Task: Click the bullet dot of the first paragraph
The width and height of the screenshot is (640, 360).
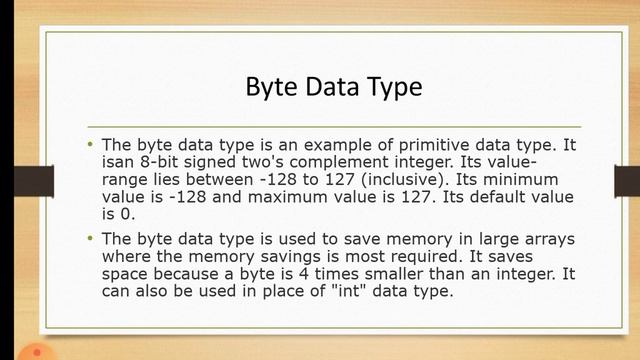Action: (x=89, y=145)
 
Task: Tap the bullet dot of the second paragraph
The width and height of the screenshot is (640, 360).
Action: (x=89, y=239)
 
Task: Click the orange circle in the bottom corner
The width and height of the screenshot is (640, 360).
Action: (x=37, y=352)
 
